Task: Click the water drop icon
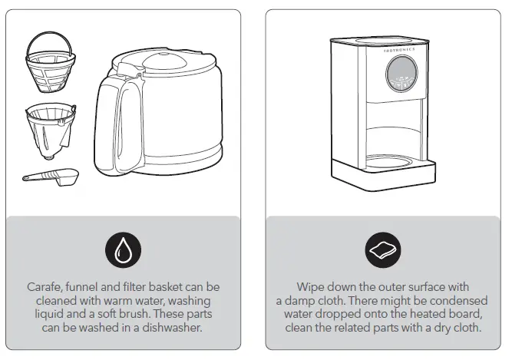pos(122,250)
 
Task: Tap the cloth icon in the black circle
pos(382,250)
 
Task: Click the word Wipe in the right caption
pos(311,287)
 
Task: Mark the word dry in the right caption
pos(449,329)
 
